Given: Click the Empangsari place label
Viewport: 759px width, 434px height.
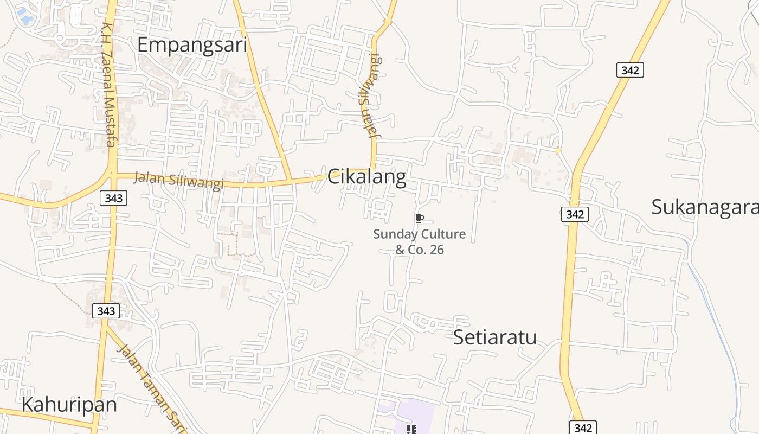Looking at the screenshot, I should [192, 44].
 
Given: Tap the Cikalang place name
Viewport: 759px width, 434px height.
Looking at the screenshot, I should [366, 177].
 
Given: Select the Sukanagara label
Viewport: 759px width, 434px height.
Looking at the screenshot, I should [704, 207].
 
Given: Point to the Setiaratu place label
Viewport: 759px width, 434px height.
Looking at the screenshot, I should [494, 337].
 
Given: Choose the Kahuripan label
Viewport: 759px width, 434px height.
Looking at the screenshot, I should [69, 405].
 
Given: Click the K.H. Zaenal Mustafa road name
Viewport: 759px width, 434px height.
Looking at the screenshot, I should [108, 84].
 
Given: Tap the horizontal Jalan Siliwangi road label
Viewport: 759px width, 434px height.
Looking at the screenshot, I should [178, 181].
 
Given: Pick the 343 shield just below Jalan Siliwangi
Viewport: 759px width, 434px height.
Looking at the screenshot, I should [113, 198].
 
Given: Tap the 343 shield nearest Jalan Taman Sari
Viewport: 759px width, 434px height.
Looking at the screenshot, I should [106, 311].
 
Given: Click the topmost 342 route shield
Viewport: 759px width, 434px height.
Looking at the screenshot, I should [629, 70].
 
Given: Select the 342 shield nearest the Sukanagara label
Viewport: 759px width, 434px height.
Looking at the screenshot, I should [574, 214].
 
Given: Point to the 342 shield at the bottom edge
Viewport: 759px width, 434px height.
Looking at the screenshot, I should [583, 427].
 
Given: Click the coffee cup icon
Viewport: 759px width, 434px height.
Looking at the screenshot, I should [419, 218].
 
